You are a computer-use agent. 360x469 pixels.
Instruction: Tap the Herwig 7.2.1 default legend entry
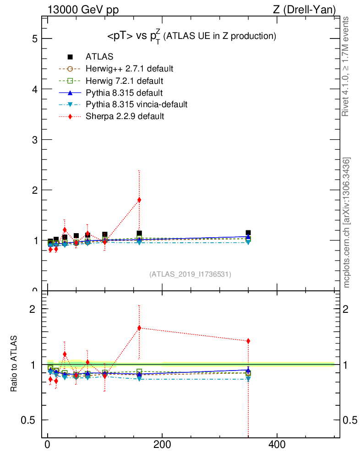[x=124, y=81]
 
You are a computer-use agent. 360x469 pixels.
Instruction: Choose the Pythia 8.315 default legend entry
[x=124, y=93]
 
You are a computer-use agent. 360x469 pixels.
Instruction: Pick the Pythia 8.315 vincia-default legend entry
[x=136, y=104]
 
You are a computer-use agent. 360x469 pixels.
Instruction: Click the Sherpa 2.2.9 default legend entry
[x=125, y=116]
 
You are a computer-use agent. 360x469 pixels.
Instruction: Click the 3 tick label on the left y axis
[x=34, y=139]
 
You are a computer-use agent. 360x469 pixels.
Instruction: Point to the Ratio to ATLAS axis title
[x=14, y=364]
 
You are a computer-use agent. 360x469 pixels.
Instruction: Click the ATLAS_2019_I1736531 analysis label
[x=190, y=274]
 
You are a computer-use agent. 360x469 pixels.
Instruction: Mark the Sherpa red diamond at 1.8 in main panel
[x=139, y=200]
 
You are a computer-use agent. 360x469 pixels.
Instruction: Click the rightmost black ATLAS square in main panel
[x=248, y=233]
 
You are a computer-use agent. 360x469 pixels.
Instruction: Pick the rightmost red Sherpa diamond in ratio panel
[x=248, y=341]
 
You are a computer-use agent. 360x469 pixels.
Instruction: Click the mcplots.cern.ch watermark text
[x=347, y=223]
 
